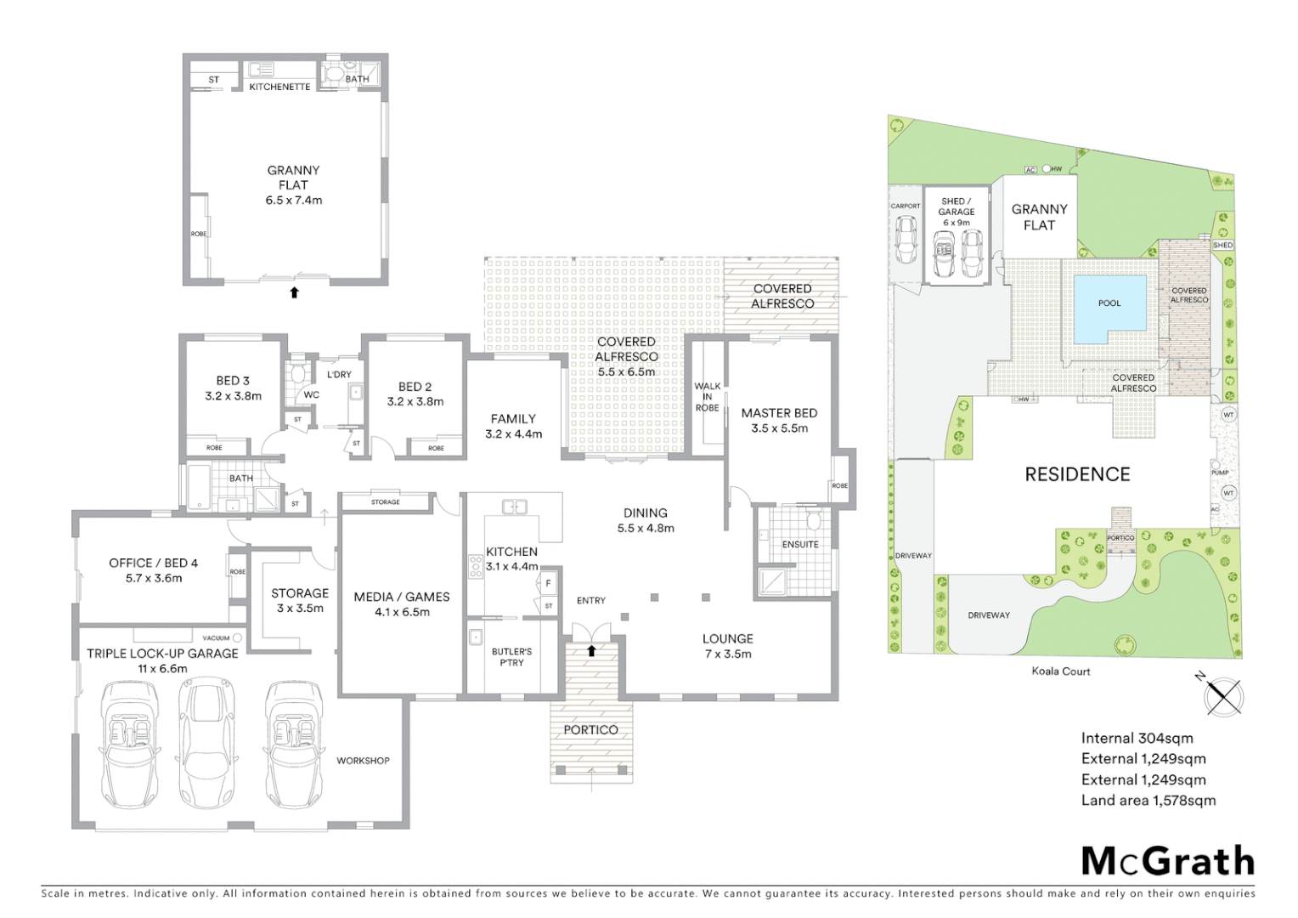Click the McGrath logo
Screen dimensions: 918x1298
pyautogui.click(x=1167, y=860)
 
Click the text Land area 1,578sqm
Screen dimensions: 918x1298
pyautogui.click(x=1148, y=800)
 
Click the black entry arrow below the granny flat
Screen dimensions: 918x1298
pyautogui.click(x=294, y=292)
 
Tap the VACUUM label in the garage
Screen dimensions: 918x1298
pyautogui.click(x=217, y=637)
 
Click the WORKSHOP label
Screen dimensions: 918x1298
pyautogui.click(x=363, y=760)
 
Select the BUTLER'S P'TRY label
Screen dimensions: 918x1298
pyautogui.click(x=511, y=657)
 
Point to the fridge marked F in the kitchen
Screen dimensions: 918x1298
pyautogui.click(x=549, y=584)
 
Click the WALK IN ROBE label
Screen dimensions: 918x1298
pyautogui.click(x=707, y=397)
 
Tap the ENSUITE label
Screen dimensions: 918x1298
pyautogui.click(x=800, y=544)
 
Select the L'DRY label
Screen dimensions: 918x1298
pyautogui.click(x=339, y=375)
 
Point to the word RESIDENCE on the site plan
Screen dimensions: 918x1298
pyautogui.click(x=1077, y=474)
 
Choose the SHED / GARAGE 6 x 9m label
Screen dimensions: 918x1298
pyautogui.click(x=957, y=212)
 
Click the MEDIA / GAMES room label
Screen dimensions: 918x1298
pyautogui.click(x=401, y=603)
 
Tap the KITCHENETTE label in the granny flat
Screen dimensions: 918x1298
pyautogui.click(x=279, y=87)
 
